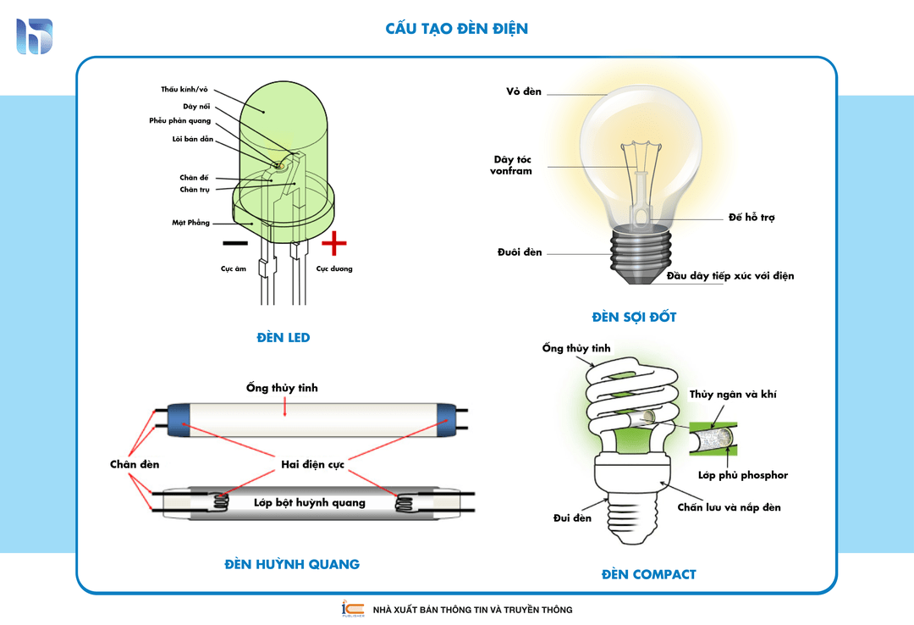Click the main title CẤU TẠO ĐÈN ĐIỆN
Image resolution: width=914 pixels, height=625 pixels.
click(456, 29)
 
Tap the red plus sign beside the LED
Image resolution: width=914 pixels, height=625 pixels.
click(334, 243)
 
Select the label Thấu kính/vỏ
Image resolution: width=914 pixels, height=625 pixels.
click(184, 89)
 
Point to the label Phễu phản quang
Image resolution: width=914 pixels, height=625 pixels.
click(180, 121)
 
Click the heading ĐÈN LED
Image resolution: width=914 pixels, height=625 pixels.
click(284, 338)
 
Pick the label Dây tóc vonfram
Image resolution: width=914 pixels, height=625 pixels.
click(512, 165)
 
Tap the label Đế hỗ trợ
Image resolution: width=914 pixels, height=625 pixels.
click(752, 218)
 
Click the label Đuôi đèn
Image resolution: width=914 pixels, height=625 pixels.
click(520, 252)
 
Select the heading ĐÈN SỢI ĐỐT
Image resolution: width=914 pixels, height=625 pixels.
click(634, 318)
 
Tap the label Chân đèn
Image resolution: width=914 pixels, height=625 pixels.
click(135, 464)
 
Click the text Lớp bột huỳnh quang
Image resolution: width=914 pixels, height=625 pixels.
click(310, 502)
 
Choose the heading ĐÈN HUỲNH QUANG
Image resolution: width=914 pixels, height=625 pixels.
click(292, 564)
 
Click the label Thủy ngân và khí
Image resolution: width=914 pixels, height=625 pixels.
click(733, 395)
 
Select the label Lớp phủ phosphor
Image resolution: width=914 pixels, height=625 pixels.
click(742, 475)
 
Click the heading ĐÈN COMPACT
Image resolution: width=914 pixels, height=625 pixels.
click(648, 574)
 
